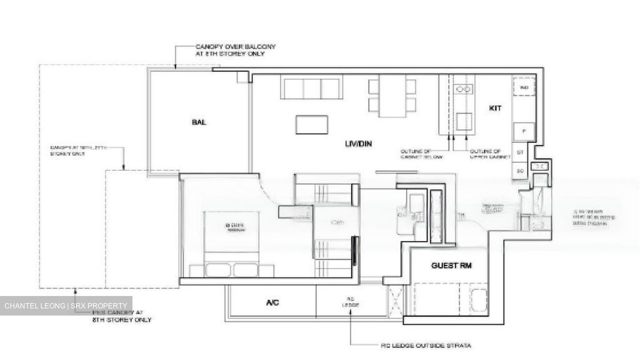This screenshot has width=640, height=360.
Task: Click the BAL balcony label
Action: (199, 122)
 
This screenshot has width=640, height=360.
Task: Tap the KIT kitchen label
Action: (495, 108)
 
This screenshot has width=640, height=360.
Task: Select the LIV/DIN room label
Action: (358, 144)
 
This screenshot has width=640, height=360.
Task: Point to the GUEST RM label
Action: (451, 266)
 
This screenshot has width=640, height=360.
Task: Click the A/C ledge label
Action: (272, 303)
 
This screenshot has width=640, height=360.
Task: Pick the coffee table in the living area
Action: (312, 124)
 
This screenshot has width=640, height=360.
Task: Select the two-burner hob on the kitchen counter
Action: (464, 89)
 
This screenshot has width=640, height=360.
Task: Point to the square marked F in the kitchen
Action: (524, 131)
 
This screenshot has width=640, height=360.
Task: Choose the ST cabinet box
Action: (520, 152)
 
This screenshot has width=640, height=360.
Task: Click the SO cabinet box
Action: (520, 171)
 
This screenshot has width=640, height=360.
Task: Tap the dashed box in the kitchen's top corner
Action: (524, 87)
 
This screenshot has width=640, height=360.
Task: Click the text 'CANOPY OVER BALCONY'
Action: (236, 47)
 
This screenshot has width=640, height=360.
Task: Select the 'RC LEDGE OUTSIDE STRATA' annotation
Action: (426, 345)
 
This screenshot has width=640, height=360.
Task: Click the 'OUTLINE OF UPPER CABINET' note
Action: (488, 154)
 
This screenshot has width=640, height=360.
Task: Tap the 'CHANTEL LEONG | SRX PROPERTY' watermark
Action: (66, 306)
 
